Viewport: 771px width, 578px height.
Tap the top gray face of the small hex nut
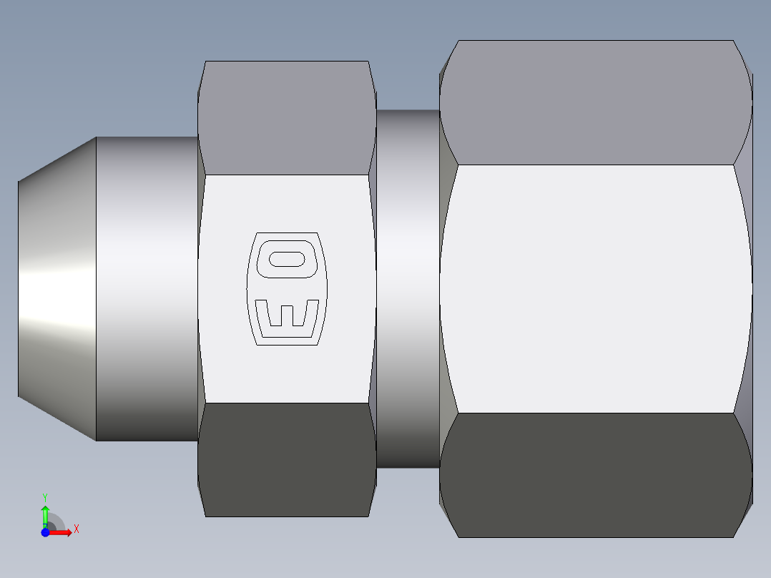click(286, 118)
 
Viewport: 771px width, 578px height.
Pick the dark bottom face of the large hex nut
click(594, 475)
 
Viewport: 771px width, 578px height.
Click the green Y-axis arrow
click(45, 514)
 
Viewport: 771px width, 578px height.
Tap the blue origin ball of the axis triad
click(45, 532)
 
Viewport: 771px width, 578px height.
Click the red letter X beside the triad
click(77, 529)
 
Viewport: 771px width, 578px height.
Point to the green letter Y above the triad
click(45, 496)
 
